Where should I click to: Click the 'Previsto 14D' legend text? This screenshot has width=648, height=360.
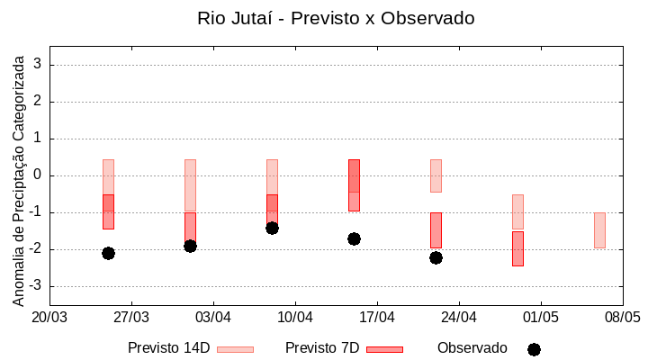pyautogui.click(x=168, y=348)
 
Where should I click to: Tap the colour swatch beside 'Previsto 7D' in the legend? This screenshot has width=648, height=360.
pyautogui.click(x=384, y=349)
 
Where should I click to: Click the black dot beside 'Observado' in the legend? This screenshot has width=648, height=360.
pyautogui.click(x=534, y=349)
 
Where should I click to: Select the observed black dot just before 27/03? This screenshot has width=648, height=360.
pyautogui.click(x=108, y=253)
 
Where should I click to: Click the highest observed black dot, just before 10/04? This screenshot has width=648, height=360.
pyautogui.click(x=272, y=228)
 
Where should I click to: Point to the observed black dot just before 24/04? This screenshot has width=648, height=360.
pyautogui.click(x=436, y=257)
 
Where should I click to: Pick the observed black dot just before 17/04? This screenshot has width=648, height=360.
pyautogui.click(x=354, y=238)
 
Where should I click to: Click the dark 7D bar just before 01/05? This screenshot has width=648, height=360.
pyautogui.click(x=517, y=248)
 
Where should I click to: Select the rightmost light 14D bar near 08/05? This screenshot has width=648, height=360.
pyautogui.click(x=599, y=229)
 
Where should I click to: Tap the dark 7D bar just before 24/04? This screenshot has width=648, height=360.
pyautogui.click(x=436, y=229)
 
